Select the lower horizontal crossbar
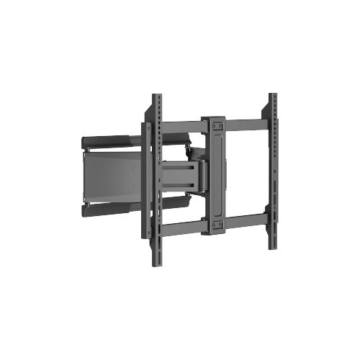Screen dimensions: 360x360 coord(245,221)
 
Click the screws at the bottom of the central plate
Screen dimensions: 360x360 coord(215,228)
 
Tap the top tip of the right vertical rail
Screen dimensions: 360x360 coord(273,95)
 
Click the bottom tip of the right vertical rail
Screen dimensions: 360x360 coord(273,247)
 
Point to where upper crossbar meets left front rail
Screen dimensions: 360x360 coord(157,127)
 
